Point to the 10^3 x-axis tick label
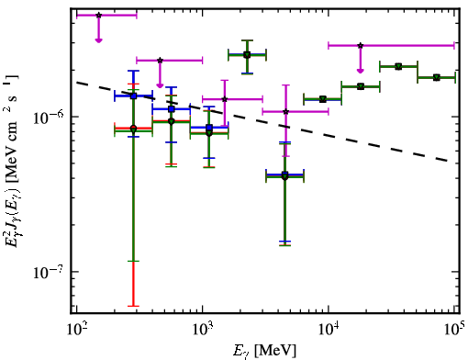203,329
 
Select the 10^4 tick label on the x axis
329,329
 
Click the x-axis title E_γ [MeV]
264,351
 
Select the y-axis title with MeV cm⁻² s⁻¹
11,160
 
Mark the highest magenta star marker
98,15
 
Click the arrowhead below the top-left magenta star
98,40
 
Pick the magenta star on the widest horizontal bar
361,45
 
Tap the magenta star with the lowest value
285,112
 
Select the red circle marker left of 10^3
133,128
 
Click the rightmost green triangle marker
437,77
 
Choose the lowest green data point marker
285,176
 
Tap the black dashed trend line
262,121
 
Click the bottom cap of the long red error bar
133,306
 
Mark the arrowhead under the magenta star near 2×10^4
361,71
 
